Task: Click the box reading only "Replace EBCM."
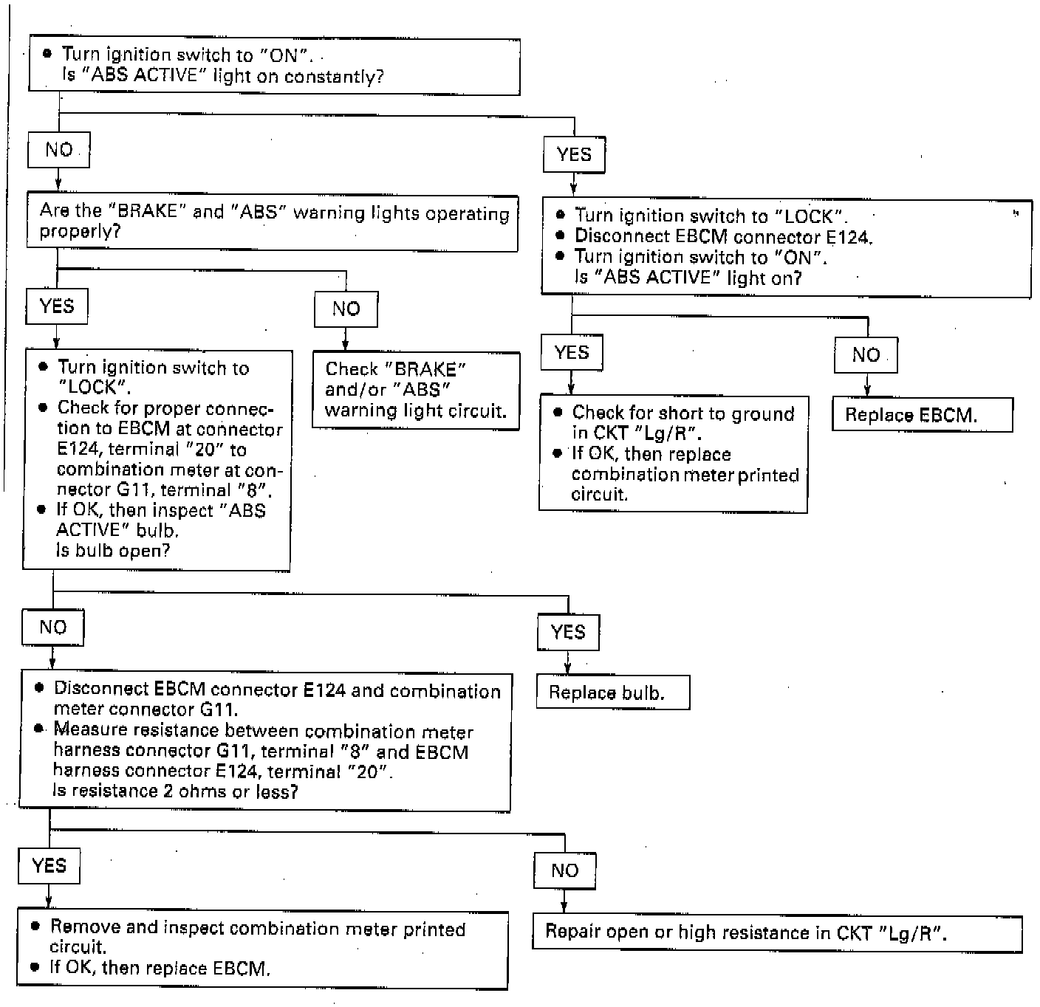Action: coord(922,415)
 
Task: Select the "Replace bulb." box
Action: coord(612,692)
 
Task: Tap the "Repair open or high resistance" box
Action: coord(777,933)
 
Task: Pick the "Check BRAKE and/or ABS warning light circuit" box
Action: coord(416,390)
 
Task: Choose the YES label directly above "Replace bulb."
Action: coord(568,632)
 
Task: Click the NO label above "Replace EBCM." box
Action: coord(866,355)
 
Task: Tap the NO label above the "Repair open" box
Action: coord(564,870)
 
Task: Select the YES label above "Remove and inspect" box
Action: coord(49,865)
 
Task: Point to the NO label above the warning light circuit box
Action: coord(346,309)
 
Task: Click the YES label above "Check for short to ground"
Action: coord(572,352)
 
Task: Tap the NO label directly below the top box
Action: coord(59,150)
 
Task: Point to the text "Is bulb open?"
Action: coord(113,551)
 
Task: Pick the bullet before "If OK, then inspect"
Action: coord(41,509)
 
